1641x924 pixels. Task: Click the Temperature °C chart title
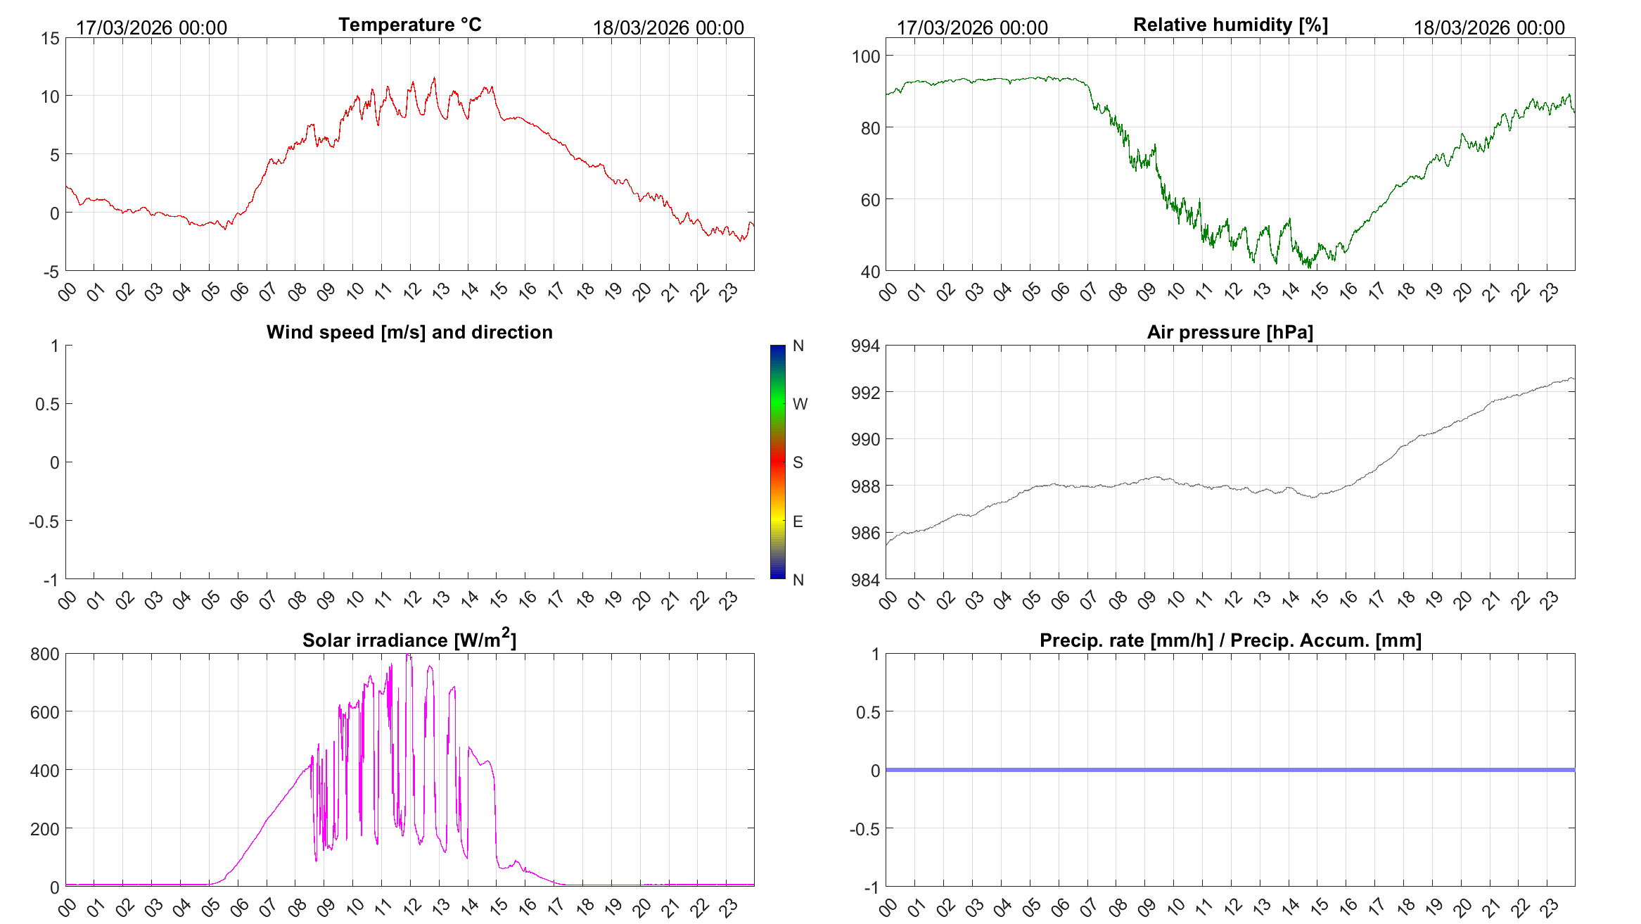410,25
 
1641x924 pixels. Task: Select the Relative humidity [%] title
1231,25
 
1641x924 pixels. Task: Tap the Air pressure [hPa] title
1230,332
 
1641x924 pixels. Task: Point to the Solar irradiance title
409,640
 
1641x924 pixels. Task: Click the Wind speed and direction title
409,332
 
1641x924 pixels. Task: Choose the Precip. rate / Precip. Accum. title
1231,640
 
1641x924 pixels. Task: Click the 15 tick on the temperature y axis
51,38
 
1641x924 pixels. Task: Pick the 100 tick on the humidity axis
866,56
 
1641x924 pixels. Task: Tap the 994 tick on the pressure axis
866,346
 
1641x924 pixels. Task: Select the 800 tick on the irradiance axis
45,654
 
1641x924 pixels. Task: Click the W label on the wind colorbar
800,404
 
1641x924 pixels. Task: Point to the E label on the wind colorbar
798,521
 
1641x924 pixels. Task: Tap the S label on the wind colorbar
798,462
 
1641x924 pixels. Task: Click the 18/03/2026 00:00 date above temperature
668,27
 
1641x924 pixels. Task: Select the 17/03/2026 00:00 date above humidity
972,27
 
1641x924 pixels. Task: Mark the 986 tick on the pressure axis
866,533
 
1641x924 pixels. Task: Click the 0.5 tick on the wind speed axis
48,404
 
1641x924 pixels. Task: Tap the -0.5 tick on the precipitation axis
865,829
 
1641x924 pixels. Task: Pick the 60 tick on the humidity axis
871,200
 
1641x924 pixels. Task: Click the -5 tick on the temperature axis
51,272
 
